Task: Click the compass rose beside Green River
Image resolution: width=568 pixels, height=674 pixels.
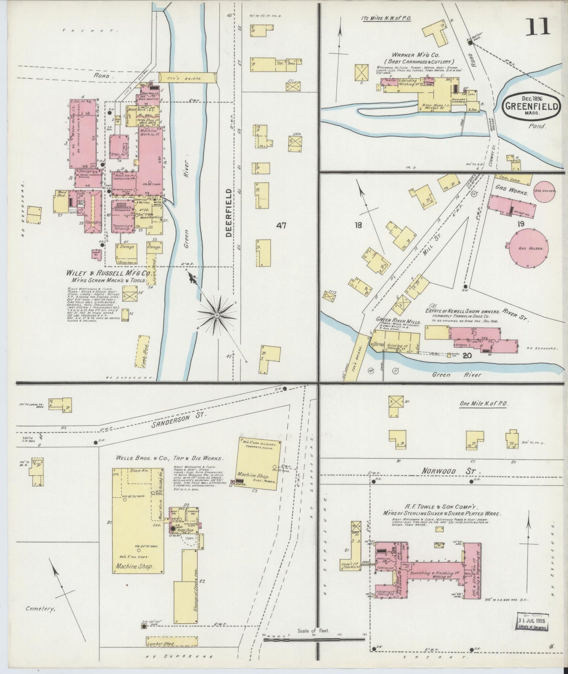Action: (217, 315)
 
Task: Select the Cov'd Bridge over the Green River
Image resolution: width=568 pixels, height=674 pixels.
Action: (188, 78)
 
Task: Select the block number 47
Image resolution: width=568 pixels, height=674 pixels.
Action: (281, 226)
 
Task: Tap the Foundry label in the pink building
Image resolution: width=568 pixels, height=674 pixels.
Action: (95, 222)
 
